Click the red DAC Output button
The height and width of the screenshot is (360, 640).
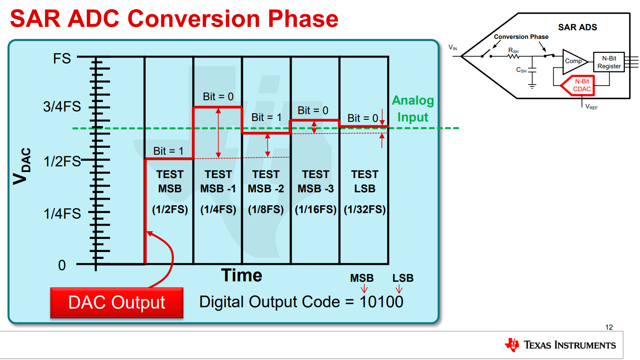(117, 303)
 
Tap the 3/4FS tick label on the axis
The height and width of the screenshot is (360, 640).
(62, 106)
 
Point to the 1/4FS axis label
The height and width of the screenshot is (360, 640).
(62, 213)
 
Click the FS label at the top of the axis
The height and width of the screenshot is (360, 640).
(62, 58)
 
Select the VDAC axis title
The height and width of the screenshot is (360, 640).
(22, 166)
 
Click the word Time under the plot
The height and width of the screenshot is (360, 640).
(242, 276)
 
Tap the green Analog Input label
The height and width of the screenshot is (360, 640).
(413, 109)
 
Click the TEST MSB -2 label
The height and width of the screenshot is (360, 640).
(266, 182)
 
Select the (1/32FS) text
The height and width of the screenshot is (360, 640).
(365, 210)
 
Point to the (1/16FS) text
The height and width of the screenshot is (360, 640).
(315, 210)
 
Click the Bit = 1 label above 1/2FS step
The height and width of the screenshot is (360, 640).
(169, 151)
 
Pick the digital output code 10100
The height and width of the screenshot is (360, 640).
(381, 302)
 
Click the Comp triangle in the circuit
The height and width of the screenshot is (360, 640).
(573, 61)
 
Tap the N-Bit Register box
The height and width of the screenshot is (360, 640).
(609, 62)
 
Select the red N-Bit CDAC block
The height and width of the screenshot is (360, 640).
(580, 85)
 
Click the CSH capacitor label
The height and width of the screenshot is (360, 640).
(521, 70)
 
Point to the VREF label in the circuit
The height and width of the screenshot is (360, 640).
(591, 107)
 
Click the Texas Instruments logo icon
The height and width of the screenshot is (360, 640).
(513, 345)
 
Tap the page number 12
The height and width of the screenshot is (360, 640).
(609, 327)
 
